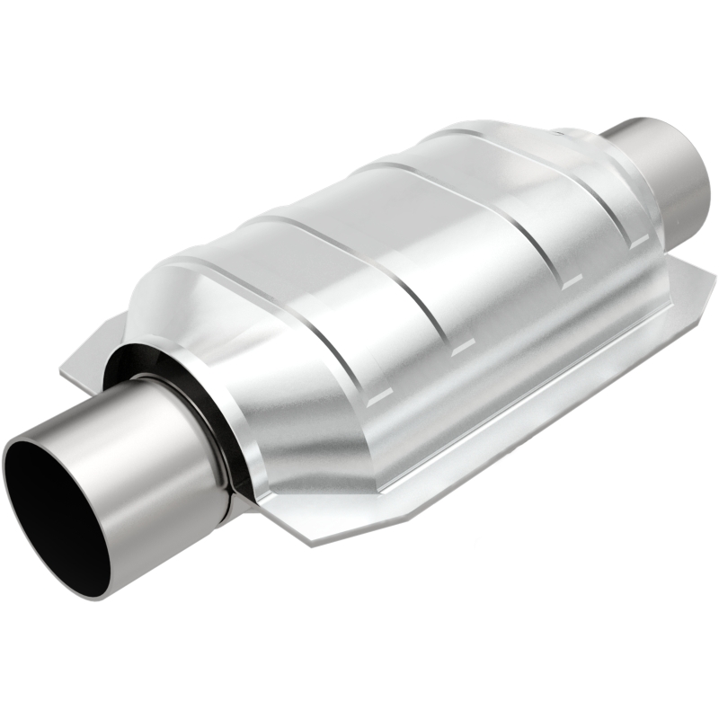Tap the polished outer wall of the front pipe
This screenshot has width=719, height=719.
[x=153, y=467]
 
